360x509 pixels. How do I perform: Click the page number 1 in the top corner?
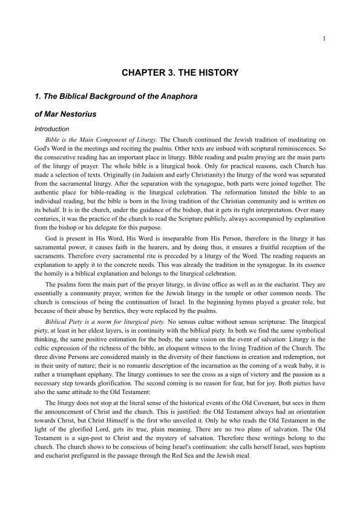pos(325,39)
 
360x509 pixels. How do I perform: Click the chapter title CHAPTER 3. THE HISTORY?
pos(180,73)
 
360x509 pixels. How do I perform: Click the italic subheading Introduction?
pos(51,129)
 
